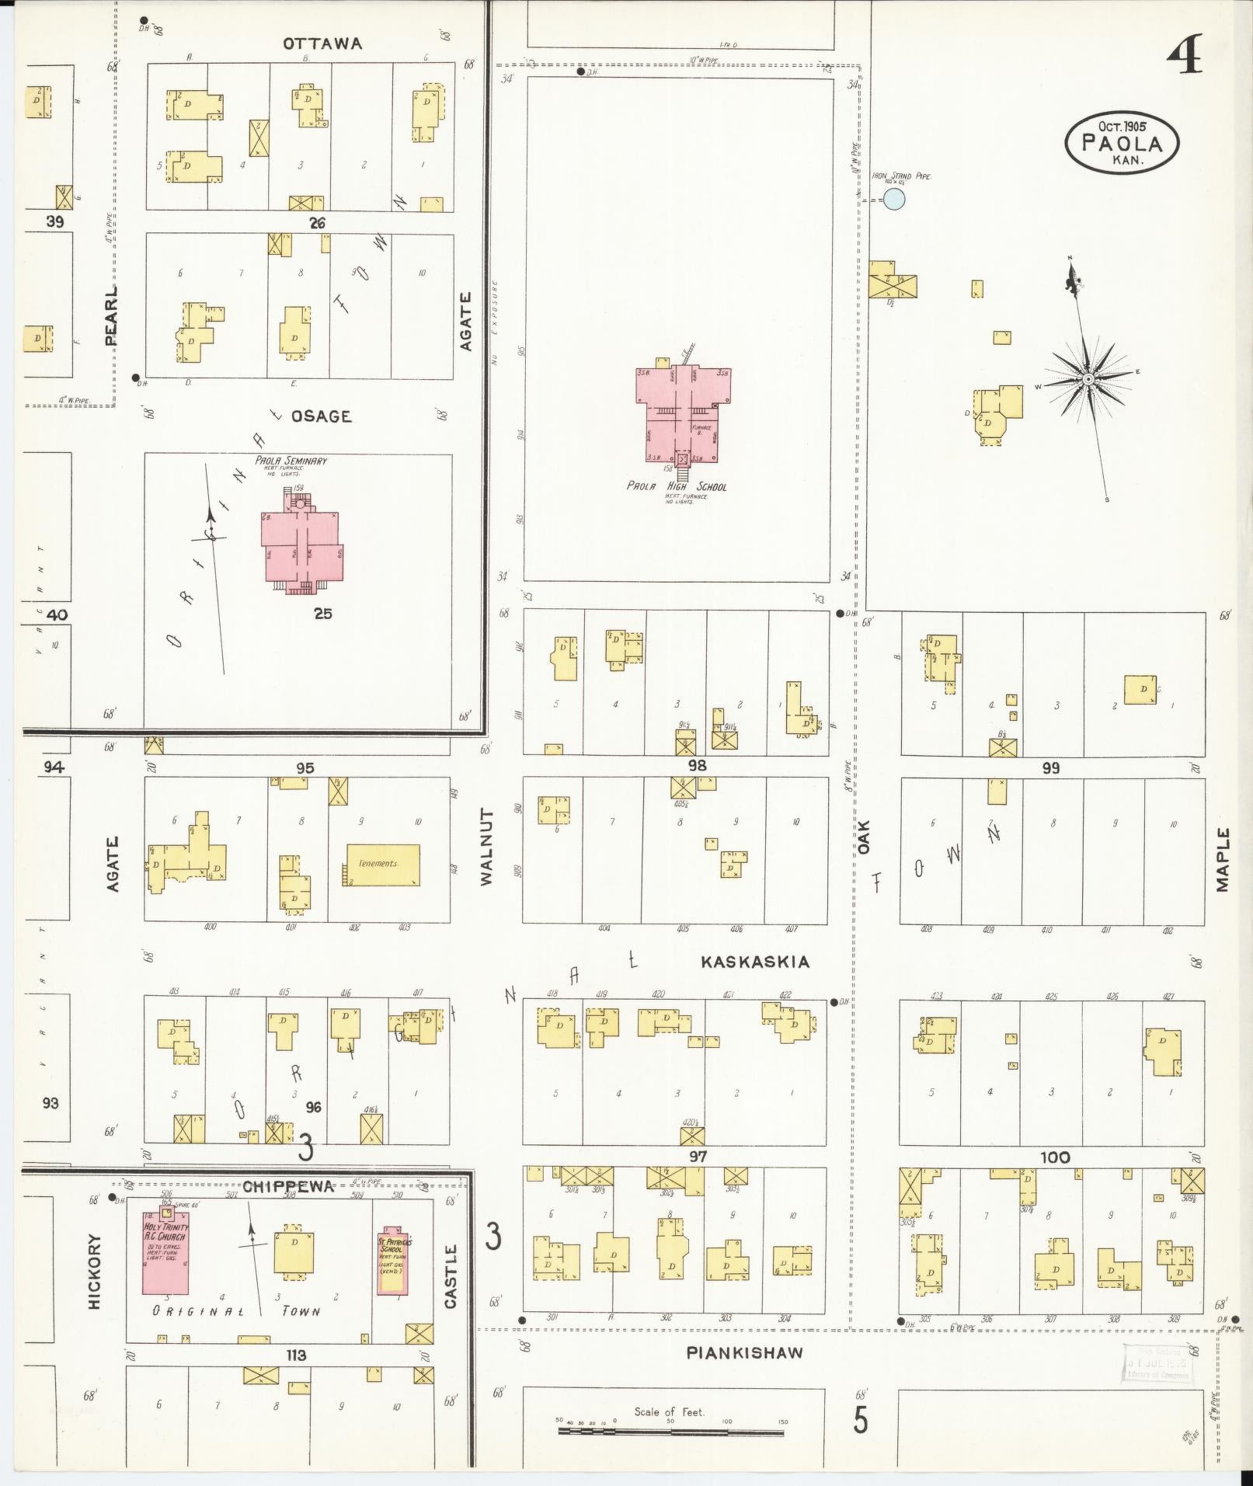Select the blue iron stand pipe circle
(894, 200)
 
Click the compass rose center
(1088, 379)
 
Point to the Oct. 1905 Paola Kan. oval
(1122, 142)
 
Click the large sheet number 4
(1185, 56)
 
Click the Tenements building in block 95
(382, 865)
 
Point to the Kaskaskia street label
(754, 962)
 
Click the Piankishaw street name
(744, 1352)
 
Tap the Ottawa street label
(322, 44)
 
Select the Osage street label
(321, 416)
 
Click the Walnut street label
(487, 846)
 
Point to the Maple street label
(1223, 859)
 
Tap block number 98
(696, 766)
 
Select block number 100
(1054, 1157)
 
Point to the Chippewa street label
(288, 1186)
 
